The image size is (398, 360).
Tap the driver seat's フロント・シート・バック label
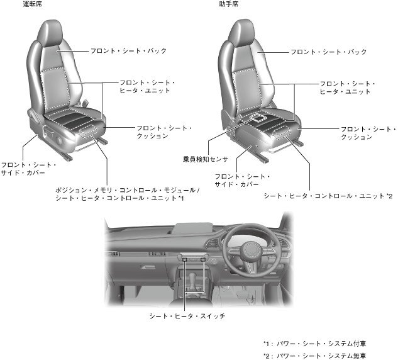click(128, 50)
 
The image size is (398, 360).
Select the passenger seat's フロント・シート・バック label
click(328, 52)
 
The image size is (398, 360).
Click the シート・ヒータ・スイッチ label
click(187, 315)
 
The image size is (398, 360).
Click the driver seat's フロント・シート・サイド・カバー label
click(29, 169)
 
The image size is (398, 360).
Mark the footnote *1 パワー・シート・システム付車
click(314, 344)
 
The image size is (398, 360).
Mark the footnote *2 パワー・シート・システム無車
click(314, 355)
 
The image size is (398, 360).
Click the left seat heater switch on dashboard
click(182, 258)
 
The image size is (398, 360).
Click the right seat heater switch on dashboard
click(203, 258)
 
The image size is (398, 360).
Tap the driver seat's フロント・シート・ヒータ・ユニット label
click(148, 87)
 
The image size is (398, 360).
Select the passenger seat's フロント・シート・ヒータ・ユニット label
click(348, 87)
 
